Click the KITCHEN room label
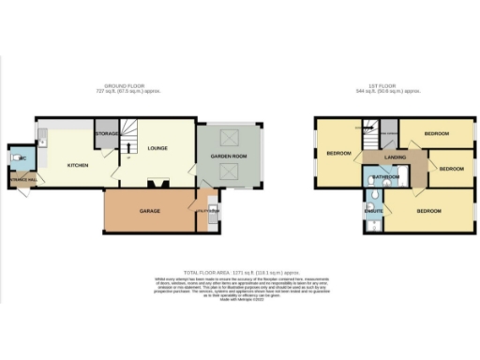tap(78, 165)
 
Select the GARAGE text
tap(150, 211)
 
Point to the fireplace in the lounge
tap(156, 182)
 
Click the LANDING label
tap(395, 157)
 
